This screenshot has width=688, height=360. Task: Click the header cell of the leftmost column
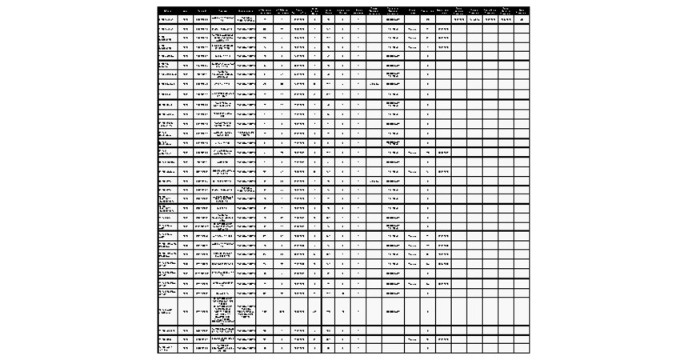coord(167,10)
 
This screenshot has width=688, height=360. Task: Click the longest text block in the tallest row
coord(223,310)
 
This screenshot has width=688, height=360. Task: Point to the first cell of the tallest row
coord(167,310)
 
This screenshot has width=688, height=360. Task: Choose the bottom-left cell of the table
coord(167,348)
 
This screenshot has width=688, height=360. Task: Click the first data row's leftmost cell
coord(167,19)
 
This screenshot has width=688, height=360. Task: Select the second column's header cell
coord(186,10)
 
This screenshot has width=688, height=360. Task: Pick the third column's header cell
coord(202,10)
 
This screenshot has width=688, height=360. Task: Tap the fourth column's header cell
coord(223,10)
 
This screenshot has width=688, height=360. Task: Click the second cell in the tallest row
coord(186,310)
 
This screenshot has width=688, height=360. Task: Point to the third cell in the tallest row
coord(202,310)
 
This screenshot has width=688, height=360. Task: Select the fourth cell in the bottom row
coord(223,348)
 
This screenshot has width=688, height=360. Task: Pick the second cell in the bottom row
coord(186,348)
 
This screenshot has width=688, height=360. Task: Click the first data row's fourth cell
coord(223,19)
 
